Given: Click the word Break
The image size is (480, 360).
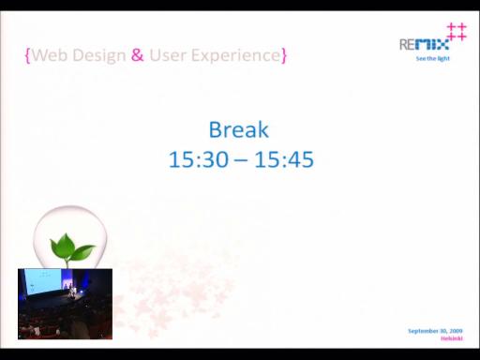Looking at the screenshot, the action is [x=239, y=129].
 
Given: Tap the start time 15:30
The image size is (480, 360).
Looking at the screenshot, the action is [x=199, y=159].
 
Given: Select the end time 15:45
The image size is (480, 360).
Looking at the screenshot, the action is [x=284, y=159].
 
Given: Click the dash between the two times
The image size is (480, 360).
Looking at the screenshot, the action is [x=241, y=161].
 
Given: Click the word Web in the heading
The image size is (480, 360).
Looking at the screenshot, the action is [x=50, y=55].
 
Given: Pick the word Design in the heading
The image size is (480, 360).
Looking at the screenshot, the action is [x=99, y=56].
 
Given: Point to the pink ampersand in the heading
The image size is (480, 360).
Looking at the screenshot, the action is [x=137, y=55].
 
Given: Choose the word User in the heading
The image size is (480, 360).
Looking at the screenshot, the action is [x=168, y=55].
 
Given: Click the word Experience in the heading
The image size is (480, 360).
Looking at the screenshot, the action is [x=236, y=56].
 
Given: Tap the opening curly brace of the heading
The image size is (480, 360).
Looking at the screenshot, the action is [x=27, y=55].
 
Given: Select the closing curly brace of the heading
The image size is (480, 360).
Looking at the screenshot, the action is [x=284, y=55].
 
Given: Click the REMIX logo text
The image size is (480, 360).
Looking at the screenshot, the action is [x=424, y=44].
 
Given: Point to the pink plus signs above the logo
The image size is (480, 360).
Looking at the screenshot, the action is [x=457, y=32].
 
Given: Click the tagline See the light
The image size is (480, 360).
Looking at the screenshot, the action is [x=433, y=58].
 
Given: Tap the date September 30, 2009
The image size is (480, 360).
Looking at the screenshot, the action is [x=435, y=331].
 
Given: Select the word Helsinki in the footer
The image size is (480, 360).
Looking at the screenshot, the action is [x=452, y=338].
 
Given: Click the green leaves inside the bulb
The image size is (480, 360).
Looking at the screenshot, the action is [x=71, y=247].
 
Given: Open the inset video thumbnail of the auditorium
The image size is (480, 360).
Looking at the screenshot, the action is [x=65, y=304].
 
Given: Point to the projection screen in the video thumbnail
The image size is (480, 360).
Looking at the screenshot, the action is [x=43, y=281].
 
